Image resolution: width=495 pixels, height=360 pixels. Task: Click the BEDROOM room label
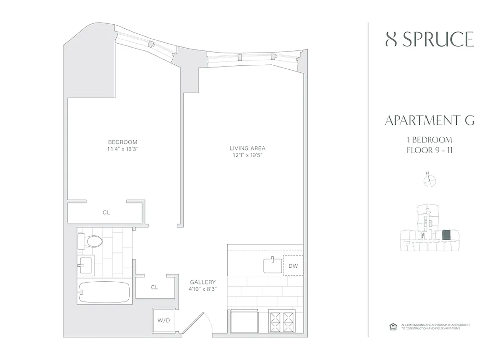click(x=122, y=142)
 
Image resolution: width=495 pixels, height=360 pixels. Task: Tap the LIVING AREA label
click(x=247, y=148)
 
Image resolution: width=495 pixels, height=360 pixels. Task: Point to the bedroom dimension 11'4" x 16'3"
click(x=122, y=149)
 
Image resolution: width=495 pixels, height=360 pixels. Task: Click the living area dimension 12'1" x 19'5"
click(x=247, y=155)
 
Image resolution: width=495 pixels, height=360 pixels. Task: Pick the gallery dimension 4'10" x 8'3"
click(x=203, y=289)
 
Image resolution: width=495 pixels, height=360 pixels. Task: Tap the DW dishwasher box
click(x=293, y=265)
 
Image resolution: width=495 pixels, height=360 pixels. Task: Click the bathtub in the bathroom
click(x=104, y=292)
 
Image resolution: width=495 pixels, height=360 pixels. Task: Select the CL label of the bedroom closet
click(x=106, y=212)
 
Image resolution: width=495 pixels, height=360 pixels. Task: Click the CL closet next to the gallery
click(x=154, y=287)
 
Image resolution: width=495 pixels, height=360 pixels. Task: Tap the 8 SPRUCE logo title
click(x=430, y=40)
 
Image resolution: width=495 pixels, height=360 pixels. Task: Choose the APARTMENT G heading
click(x=430, y=121)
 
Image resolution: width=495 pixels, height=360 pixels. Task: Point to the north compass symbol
click(x=430, y=180)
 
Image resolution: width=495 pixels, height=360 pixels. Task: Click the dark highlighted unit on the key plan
click(x=446, y=235)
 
